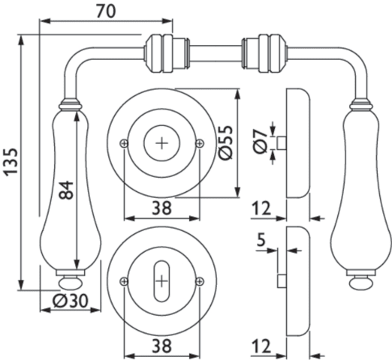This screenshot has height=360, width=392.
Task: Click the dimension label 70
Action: click(x=106, y=11)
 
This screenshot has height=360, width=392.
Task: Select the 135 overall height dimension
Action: click(x=11, y=162)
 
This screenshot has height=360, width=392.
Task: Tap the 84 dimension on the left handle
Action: click(x=66, y=190)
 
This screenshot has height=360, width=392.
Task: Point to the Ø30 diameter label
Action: click(x=71, y=300)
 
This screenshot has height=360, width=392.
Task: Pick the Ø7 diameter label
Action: click(x=261, y=142)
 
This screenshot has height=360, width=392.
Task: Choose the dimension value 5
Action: click(x=261, y=240)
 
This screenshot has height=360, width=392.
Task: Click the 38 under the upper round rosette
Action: click(x=161, y=208)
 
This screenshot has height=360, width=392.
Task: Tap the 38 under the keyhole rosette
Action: click(x=161, y=346)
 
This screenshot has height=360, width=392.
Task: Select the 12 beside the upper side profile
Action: click(x=261, y=208)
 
